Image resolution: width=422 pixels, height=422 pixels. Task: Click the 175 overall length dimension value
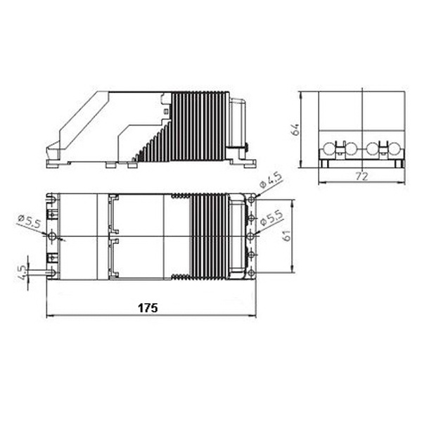pos(148,308)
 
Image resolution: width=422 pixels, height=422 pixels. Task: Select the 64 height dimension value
pos(295,129)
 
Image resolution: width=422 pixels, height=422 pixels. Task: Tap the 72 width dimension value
pos(362,177)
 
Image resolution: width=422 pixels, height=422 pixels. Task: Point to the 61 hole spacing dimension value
pos(287,235)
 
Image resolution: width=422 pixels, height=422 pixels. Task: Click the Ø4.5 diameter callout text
pos(271,180)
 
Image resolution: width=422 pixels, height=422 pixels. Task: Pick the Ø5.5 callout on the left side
pos(29,222)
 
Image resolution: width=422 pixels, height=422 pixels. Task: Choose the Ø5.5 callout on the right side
pos(271,218)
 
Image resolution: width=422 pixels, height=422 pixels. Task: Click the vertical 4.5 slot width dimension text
pos(23,272)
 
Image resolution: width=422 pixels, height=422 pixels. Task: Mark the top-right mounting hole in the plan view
pos(252,200)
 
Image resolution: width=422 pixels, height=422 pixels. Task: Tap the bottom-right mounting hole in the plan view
pos(251,273)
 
